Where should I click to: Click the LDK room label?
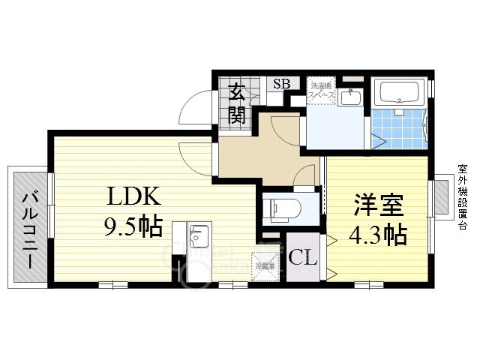click(x=133, y=198)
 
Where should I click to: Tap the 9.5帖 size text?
click(x=133, y=226)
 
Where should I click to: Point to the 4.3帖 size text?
click(x=378, y=235)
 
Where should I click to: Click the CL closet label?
click(x=303, y=257)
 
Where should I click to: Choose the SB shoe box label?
click(x=281, y=84)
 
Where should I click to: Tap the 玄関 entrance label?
click(x=237, y=104)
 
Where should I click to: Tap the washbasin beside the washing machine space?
click(x=348, y=97)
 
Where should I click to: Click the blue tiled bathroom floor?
click(x=397, y=127)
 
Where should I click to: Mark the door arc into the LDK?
click(x=193, y=154)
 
